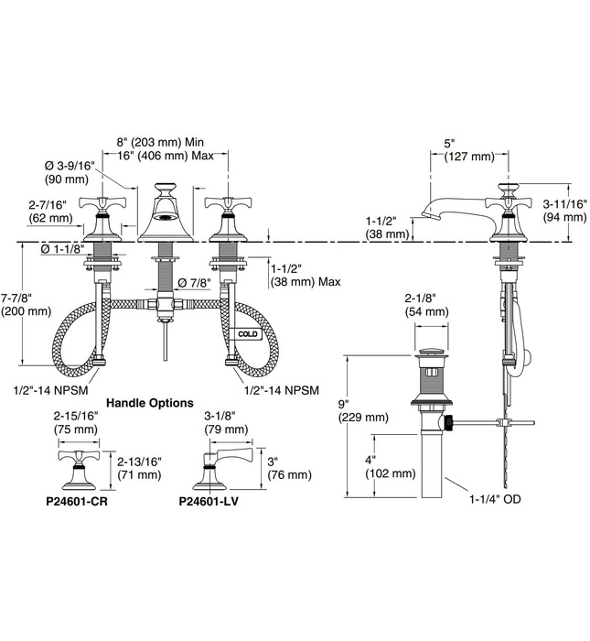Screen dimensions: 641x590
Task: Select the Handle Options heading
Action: click(150, 402)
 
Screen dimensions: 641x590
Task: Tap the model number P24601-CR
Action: click(80, 501)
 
